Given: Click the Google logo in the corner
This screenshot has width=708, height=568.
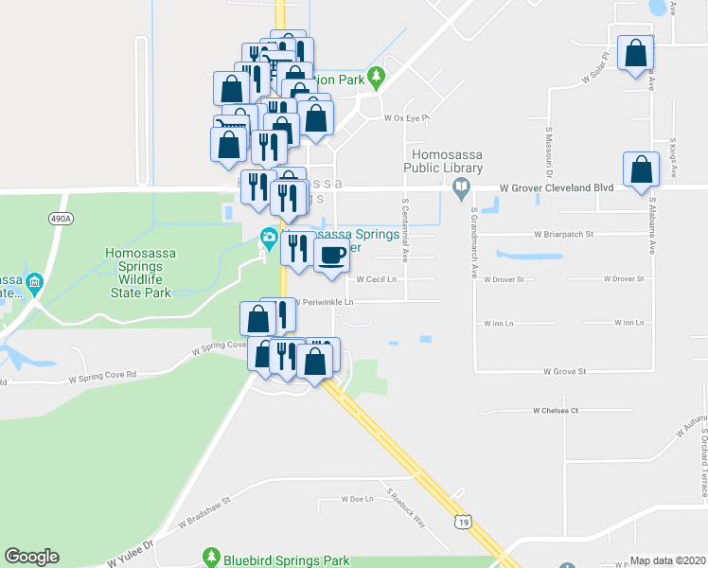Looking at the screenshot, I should [x=31, y=557].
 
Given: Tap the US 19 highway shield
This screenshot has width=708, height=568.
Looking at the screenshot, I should [x=462, y=523].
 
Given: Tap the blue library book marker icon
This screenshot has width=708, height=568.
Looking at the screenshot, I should [x=461, y=186].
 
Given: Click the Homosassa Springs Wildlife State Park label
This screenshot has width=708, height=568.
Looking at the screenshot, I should [x=137, y=272].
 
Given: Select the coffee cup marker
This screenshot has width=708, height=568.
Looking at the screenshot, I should [x=330, y=256].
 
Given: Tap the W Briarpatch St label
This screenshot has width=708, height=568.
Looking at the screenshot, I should [x=562, y=234].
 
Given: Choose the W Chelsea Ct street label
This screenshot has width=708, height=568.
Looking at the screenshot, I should [x=556, y=411].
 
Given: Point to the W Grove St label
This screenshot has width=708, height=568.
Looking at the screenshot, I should [x=565, y=372].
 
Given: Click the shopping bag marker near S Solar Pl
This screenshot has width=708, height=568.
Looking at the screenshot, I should [x=634, y=53].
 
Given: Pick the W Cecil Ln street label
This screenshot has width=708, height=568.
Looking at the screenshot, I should [x=377, y=279].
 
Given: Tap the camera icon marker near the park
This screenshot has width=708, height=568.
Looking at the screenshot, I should [x=269, y=238].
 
